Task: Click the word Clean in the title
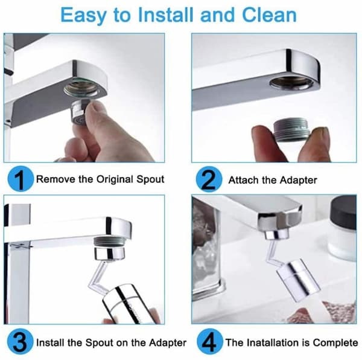point(269,14)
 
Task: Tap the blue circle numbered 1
point(21,179)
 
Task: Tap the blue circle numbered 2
point(209,179)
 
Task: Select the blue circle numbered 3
point(21,341)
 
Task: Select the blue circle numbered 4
point(210,341)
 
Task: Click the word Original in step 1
point(115,180)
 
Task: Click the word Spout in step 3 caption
point(100,343)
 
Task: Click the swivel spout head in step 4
point(298,279)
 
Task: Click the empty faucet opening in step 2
point(292,83)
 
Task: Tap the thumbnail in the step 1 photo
point(95,107)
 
